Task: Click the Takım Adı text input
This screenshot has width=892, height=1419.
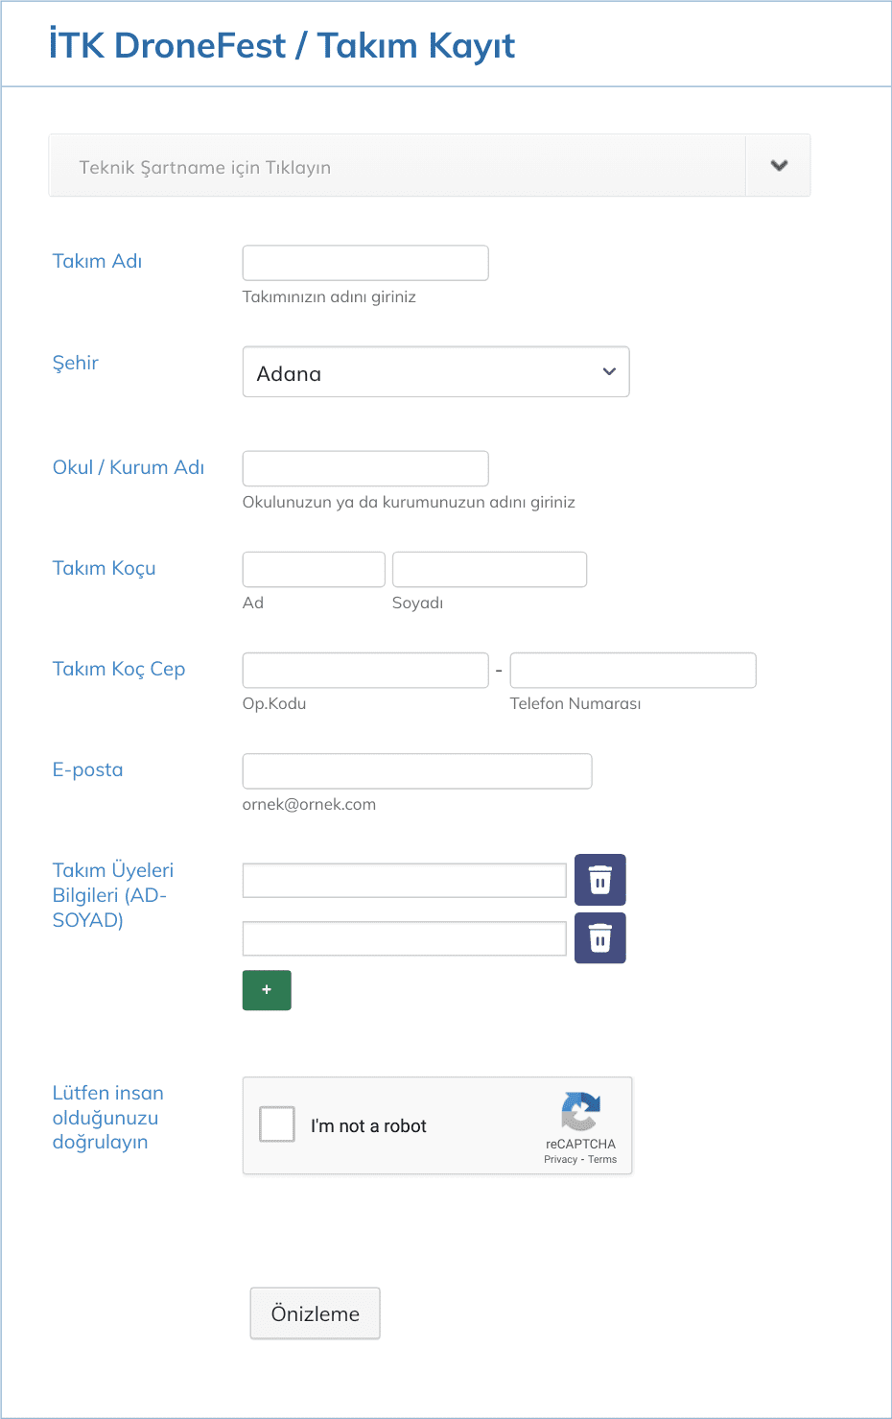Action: tap(365, 263)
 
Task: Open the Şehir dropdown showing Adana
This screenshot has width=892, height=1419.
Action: tap(435, 372)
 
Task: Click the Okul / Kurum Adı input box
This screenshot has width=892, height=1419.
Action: tap(365, 468)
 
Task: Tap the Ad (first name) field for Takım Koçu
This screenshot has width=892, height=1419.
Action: tap(314, 569)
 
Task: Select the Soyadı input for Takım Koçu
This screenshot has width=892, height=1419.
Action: tap(489, 569)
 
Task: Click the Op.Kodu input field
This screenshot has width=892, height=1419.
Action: tap(365, 670)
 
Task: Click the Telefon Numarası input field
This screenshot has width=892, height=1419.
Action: tap(633, 670)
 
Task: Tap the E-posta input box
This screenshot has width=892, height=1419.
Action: tap(417, 770)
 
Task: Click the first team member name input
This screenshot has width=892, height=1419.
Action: tap(404, 880)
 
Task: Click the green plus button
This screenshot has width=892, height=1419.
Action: tap(267, 990)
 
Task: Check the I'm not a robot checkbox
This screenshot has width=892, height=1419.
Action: tap(277, 1124)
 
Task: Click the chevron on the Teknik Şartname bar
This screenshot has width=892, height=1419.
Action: tap(779, 165)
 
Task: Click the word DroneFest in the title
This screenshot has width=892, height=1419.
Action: tap(200, 45)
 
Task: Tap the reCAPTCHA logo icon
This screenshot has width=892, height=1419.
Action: tap(581, 1112)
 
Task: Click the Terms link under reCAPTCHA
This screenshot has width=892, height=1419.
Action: tap(602, 1160)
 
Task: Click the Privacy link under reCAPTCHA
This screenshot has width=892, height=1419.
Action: tap(560, 1160)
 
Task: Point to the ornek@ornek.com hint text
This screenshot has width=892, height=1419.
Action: tap(309, 804)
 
